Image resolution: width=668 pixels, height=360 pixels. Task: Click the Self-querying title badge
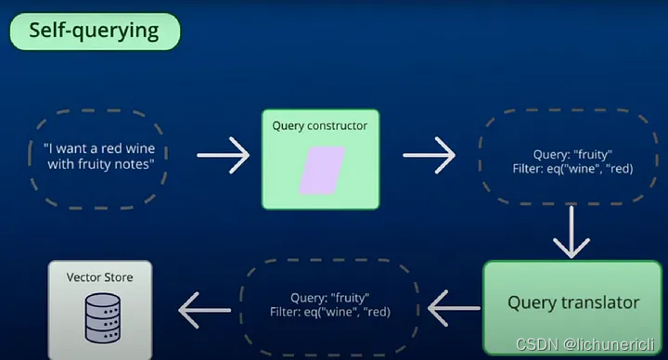(x=94, y=32)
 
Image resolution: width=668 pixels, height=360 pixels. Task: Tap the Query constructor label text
(x=319, y=125)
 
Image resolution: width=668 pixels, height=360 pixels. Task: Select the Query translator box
(x=572, y=302)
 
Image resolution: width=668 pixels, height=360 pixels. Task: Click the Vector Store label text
(x=99, y=277)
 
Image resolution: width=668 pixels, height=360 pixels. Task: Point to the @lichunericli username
(x=613, y=344)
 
